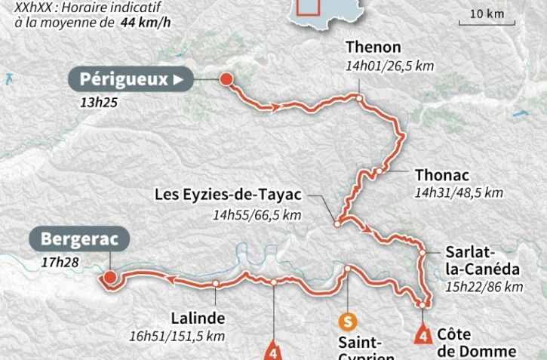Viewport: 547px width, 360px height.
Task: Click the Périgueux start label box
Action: click(129, 79)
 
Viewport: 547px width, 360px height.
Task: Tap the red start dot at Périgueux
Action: click(225, 78)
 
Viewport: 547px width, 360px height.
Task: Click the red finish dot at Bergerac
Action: click(110, 278)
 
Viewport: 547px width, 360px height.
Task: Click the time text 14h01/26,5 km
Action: click(389, 66)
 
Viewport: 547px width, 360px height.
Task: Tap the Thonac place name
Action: click(441, 173)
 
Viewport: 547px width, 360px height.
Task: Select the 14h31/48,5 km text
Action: click(458, 192)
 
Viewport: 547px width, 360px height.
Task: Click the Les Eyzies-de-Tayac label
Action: click(228, 195)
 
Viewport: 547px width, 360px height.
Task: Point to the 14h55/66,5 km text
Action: click(257, 215)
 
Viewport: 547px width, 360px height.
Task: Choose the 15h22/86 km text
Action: click(484, 287)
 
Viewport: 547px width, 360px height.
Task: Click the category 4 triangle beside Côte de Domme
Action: click(423, 334)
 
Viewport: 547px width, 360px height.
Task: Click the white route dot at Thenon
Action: click(360, 97)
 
